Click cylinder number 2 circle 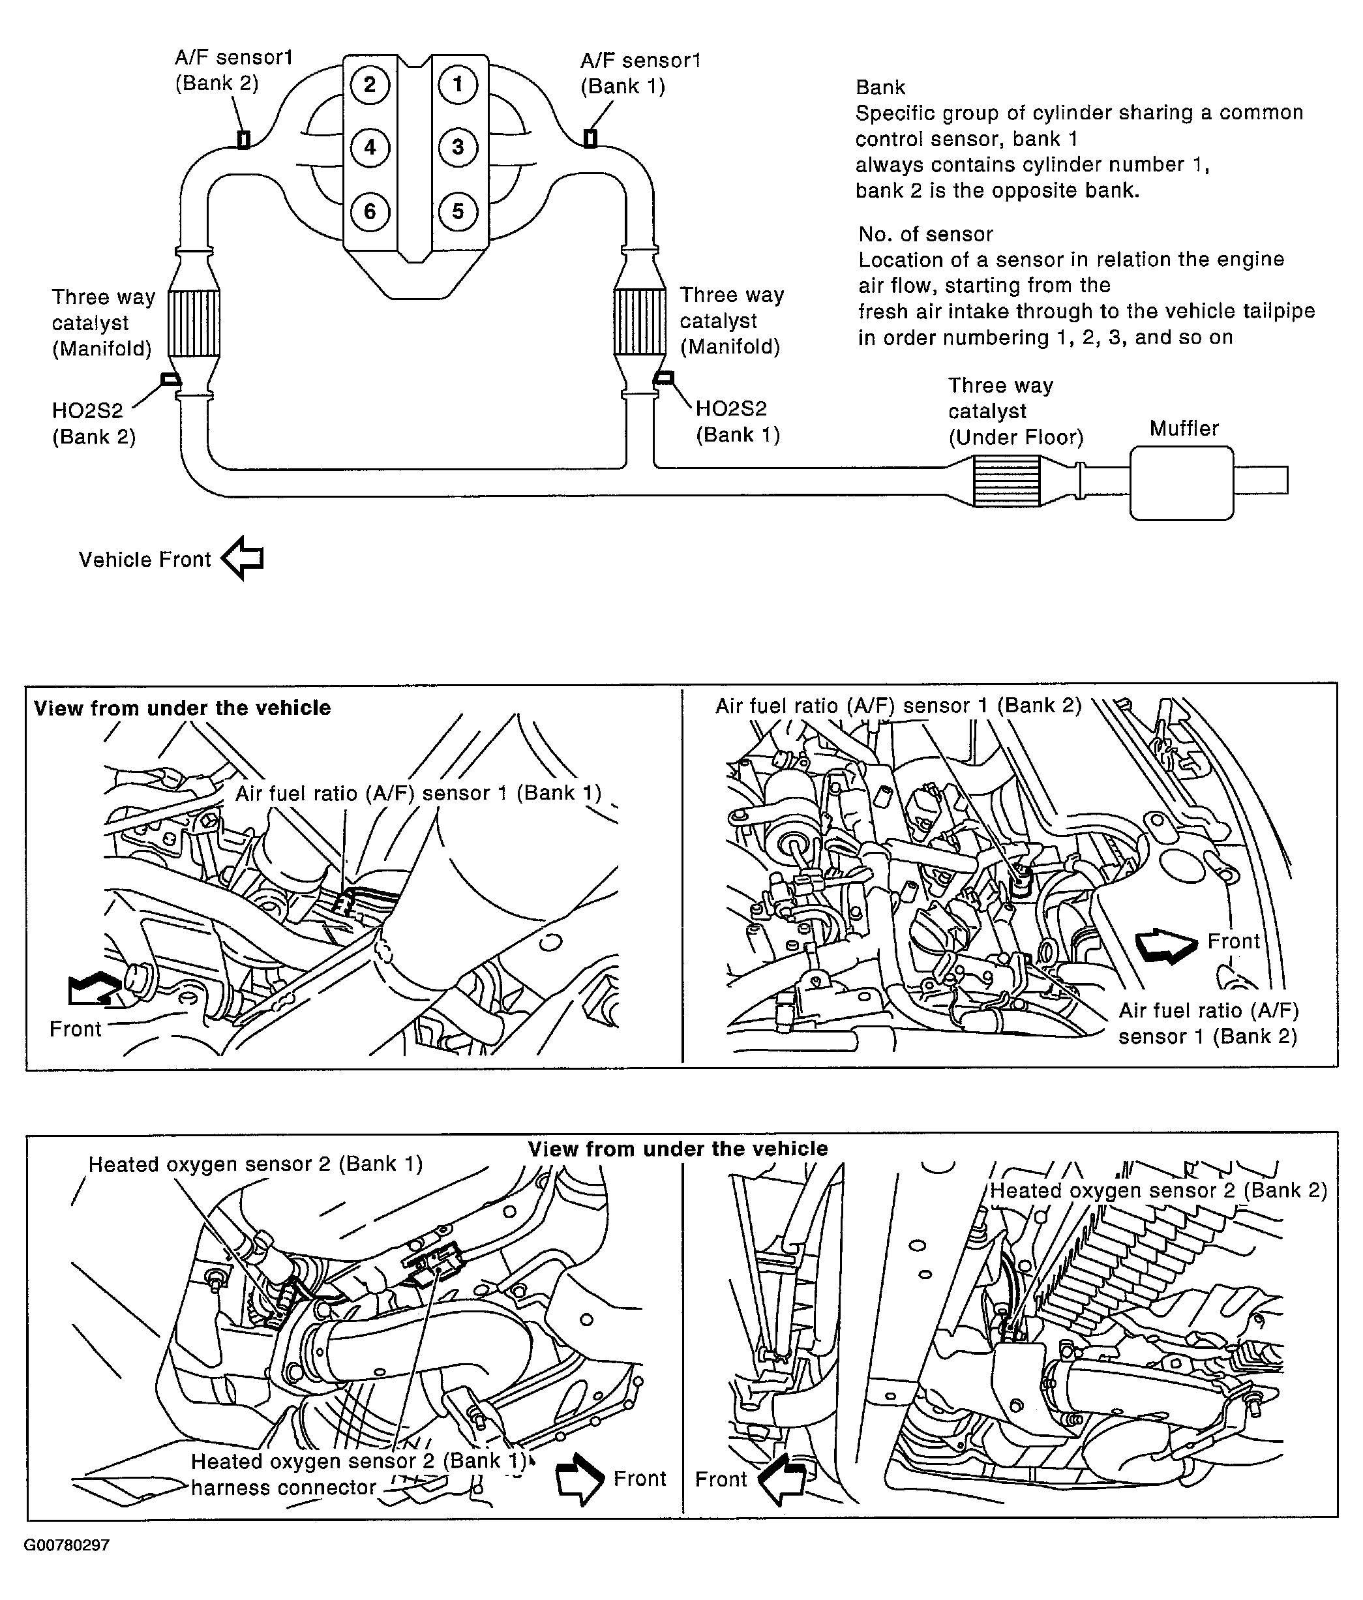tap(370, 84)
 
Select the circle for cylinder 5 tap(458, 211)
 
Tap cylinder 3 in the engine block tap(458, 147)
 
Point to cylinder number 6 tap(370, 211)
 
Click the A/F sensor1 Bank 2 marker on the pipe tap(243, 140)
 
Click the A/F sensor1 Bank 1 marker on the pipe tap(590, 139)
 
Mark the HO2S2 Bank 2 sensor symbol tap(170, 378)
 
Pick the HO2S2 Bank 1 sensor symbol tap(663, 378)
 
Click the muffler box tap(1181, 482)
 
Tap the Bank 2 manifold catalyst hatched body tap(193, 323)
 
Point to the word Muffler tap(1183, 429)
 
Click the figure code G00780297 tap(67, 1545)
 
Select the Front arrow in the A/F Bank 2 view tap(1165, 945)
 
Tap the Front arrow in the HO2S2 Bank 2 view tap(781, 1478)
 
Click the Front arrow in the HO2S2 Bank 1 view tap(579, 1478)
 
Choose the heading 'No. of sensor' tap(925, 234)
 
